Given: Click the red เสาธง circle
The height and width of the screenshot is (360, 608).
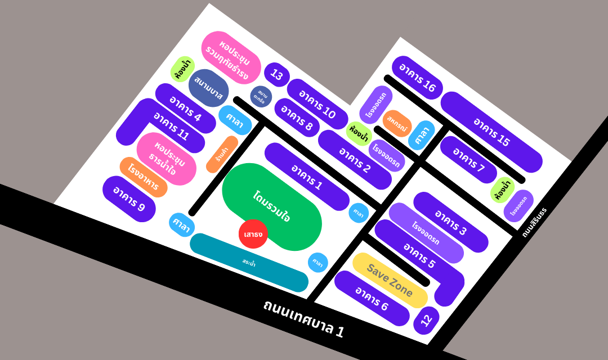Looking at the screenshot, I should click(x=253, y=233).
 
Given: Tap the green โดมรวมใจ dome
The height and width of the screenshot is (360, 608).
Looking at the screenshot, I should click(x=272, y=206).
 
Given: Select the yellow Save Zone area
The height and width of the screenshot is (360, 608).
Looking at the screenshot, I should click(x=390, y=280).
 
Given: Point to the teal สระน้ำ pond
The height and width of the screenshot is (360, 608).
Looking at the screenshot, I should click(x=249, y=262).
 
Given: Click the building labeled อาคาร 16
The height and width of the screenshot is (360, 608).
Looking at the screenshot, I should click(x=417, y=78).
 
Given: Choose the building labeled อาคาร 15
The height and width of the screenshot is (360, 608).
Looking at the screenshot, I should click(x=491, y=132).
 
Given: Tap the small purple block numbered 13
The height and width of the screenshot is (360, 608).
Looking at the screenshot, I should click(x=277, y=74).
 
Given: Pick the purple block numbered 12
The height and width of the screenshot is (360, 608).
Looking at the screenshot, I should click(x=426, y=320).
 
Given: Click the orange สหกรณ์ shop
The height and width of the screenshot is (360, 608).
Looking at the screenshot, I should click(x=397, y=124).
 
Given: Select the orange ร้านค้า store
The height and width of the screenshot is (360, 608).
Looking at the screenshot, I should click(x=222, y=154).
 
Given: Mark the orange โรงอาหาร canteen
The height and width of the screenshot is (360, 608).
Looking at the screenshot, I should click(x=144, y=177).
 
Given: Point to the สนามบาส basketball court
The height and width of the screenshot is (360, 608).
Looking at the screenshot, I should click(x=208, y=88).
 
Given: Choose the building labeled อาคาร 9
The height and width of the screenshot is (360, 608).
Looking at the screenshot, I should click(x=129, y=199).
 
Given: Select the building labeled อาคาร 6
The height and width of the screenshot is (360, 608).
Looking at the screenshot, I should click(x=372, y=298).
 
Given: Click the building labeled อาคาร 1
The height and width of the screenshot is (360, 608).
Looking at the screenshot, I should click(x=307, y=177).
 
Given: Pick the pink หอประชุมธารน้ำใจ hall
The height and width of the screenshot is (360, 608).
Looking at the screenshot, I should click(x=167, y=158).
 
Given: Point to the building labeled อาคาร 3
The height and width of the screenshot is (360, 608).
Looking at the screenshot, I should click(x=450, y=222).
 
